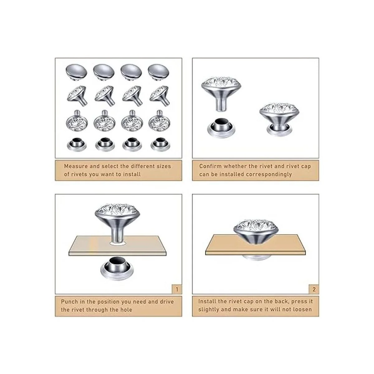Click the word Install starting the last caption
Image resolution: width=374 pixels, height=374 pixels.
click(207, 301)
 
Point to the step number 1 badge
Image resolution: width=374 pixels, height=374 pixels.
click(177, 289)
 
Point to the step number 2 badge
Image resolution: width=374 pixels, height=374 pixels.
click(314, 289)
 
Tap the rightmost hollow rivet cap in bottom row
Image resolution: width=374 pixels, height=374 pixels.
click(160, 145)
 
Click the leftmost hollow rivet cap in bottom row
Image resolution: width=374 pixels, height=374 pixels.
click(77, 145)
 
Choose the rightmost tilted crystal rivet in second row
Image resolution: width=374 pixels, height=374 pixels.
click(159, 96)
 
